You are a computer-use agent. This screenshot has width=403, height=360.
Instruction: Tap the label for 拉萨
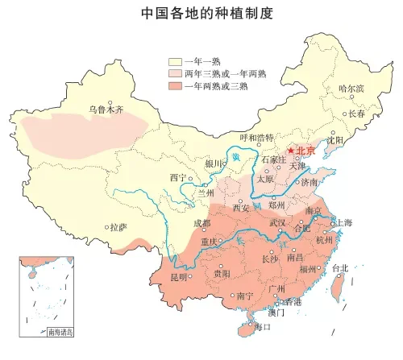[x=118, y=227]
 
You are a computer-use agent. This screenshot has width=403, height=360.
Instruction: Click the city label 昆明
[x=179, y=278]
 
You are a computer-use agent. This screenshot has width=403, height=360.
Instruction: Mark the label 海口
[x=264, y=328]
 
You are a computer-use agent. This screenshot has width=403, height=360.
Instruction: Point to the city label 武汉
[x=278, y=221]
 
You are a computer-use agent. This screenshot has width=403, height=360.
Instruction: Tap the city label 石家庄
[x=274, y=159]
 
